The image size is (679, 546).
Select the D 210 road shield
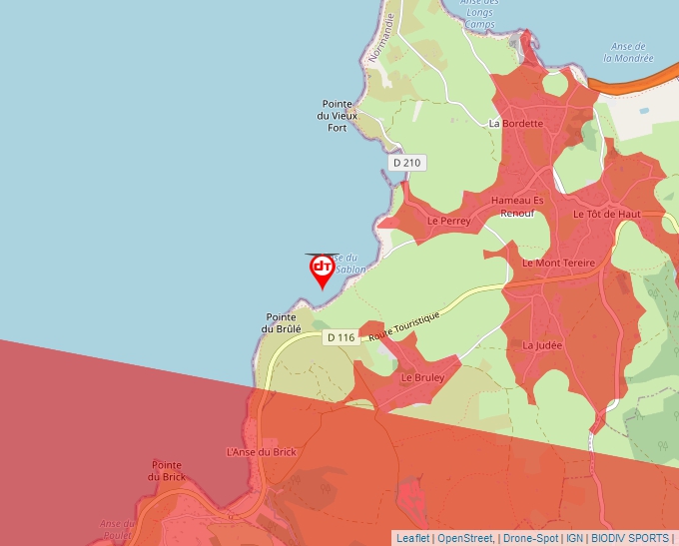407,163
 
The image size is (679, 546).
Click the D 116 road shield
340,337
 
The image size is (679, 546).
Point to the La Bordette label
515,124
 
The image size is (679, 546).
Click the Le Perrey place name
447,220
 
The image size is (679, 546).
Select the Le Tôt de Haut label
606,214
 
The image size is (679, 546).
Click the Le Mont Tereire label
558,263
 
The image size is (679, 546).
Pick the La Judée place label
542,345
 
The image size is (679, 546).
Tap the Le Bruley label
421,379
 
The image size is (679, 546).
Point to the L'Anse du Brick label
262,452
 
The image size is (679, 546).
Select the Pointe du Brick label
167,470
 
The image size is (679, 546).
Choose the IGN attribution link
574,538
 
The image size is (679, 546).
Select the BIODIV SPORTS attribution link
629,538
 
